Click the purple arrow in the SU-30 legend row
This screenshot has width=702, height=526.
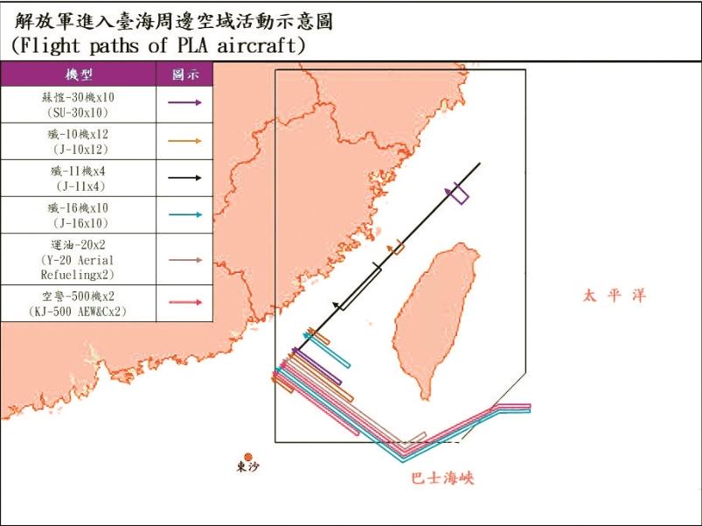[185, 102]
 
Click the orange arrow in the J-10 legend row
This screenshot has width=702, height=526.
[185, 140]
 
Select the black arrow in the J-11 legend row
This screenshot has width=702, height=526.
[185, 178]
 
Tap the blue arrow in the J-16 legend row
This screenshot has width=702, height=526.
[185, 214]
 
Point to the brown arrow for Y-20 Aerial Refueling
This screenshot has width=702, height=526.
[185, 260]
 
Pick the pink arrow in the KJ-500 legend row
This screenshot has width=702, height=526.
[185, 302]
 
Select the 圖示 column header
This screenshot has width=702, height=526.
[185, 75]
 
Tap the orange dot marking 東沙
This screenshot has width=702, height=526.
[248, 457]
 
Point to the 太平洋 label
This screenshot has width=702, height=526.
[615, 296]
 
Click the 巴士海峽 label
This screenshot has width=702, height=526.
[442, 479]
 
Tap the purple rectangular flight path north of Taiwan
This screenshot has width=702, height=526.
[459, 194]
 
